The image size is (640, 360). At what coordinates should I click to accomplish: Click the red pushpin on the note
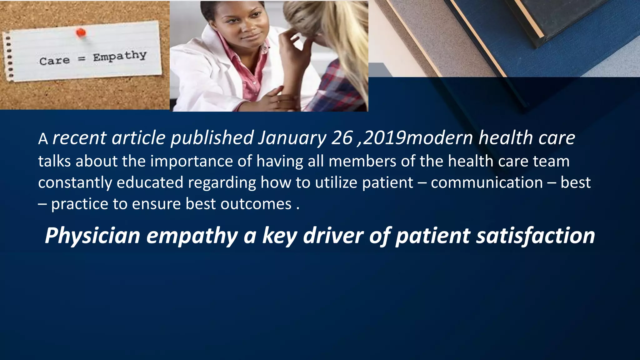tap(81, 32)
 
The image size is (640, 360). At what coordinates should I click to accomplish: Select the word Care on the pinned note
tap(54, 61)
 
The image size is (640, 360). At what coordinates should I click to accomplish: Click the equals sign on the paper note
tap(81, 58)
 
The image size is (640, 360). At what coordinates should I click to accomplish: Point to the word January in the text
tap(292, 138)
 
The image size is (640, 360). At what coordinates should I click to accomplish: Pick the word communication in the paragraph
tap(487, 182)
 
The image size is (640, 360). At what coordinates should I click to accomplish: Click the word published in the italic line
tap(212, 138)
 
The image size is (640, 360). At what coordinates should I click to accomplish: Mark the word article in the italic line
tap(138, 138)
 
